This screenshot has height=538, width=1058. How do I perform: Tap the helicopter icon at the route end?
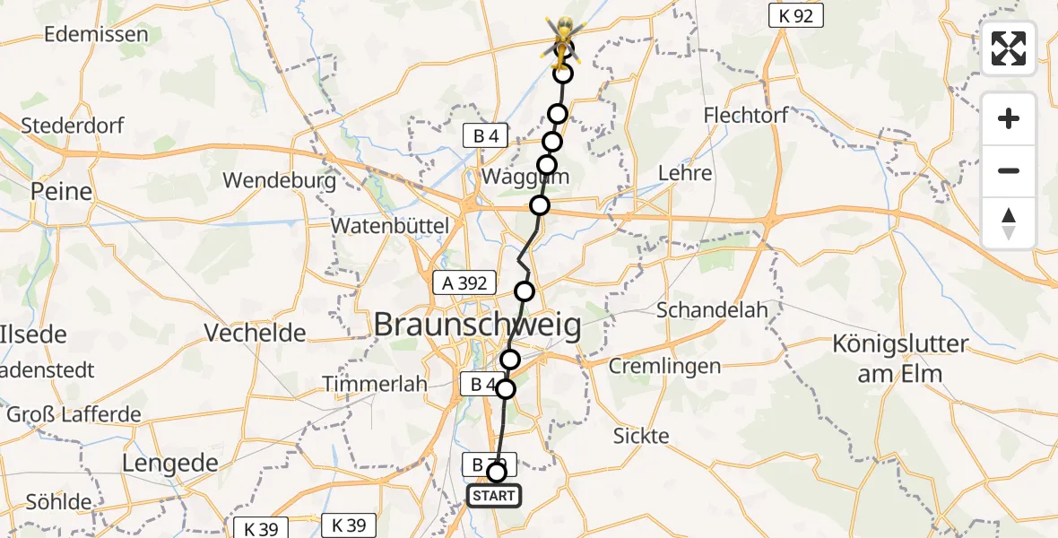(563, 38)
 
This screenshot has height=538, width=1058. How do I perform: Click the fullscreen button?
(1009, 48)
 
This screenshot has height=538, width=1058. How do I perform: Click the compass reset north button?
(1009, 223)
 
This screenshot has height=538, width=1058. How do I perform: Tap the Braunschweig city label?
(476, 325)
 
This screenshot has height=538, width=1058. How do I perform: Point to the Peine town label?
(61, 191)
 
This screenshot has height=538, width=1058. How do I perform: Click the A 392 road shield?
(464, 283)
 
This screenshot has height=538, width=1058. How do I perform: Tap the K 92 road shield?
(796, 16)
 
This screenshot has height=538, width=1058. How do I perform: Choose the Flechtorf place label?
(746, 117)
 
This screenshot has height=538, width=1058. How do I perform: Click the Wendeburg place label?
(279, 180)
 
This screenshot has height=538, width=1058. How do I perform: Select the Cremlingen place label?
(664, 366)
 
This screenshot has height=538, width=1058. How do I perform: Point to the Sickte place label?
(641, 436)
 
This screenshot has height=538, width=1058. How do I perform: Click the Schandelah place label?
(713, 310)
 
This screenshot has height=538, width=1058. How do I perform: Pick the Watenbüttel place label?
(389, 226)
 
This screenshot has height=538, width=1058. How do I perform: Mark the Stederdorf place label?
(73, 126)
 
